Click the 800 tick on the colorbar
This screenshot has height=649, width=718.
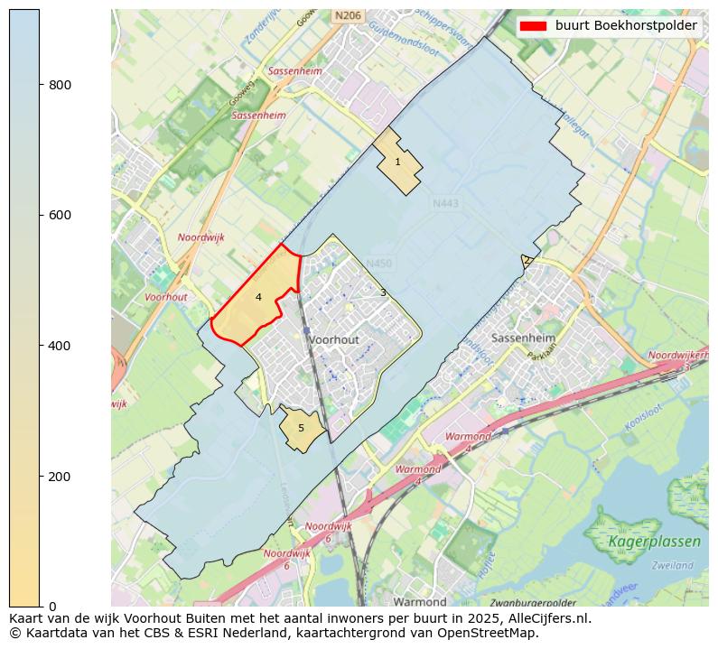tap(61, 85)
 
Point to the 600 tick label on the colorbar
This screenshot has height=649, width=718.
tap(61, 215)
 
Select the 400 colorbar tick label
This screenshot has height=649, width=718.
tap(61, 346)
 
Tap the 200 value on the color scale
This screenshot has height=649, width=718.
tap(61, 476)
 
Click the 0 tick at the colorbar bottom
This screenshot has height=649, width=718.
tap(52, 606)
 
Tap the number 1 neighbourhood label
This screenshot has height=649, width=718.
tap(397, 162)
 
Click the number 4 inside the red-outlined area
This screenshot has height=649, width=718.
tap(258, 297)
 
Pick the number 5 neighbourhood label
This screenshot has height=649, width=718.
tap(301, 428)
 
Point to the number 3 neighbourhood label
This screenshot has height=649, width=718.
tap(383, 292)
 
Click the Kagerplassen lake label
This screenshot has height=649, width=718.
tap(654, 542)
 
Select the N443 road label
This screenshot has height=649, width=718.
tap(445, 204)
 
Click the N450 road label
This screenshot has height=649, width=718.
tap(379, 264)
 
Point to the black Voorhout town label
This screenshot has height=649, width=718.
tap(333, 339)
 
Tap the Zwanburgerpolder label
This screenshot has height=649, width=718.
tap(533, 602)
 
